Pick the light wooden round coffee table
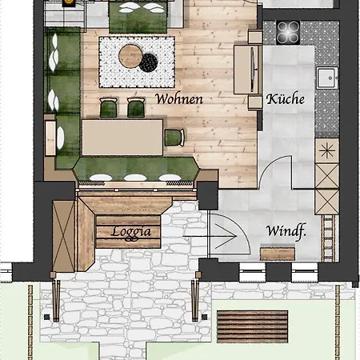coord(129,55)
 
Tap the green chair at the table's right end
coord(174,136)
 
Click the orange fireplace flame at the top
coord(68,3)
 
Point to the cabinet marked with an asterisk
coord(326,150)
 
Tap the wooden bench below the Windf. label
coord(278,254)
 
